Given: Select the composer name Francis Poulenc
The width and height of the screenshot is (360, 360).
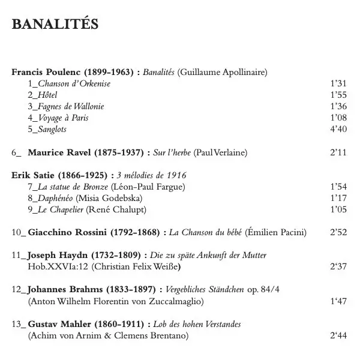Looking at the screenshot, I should pos(44,72).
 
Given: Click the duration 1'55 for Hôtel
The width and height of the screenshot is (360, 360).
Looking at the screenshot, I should pos(338,95).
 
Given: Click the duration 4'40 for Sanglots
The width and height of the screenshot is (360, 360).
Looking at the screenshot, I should pos(338,130).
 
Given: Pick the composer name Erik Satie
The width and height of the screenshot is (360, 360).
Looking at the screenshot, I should pos(34,175).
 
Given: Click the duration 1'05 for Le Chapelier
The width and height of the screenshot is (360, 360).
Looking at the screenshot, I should pos(338,209).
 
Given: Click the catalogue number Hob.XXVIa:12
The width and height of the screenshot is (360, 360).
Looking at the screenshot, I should pos(58,266).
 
